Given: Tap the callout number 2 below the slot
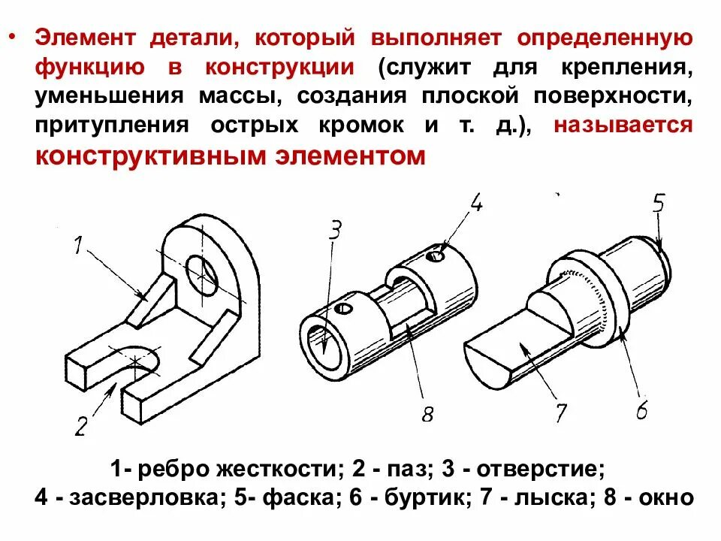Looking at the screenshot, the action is (81, 425).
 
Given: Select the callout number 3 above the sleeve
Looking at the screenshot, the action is (335, 230).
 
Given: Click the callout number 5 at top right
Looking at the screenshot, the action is (658, 204).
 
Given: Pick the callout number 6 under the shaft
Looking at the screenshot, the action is (641, 410).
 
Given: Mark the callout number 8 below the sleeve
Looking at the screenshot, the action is (427, 414).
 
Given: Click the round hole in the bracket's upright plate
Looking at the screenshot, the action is (202, 274).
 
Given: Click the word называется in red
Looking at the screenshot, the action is (623, 125).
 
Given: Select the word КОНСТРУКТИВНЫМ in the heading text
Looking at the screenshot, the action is (135, 156).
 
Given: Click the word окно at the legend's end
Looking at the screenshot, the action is (664, 497).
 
